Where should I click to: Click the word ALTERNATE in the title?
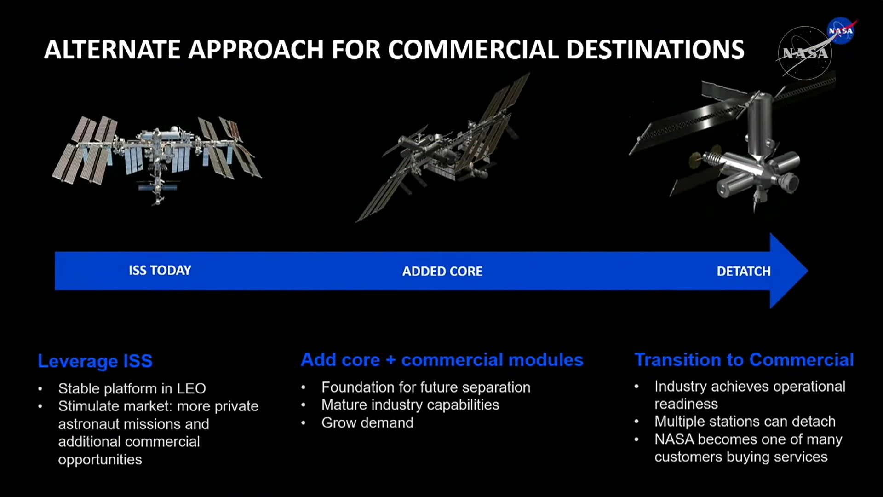click(x=112, y=50)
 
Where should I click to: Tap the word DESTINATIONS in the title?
click(x=655, y=50)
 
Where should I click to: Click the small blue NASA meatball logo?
click(x=841, y=30)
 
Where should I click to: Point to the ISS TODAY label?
click(x=160, y=270)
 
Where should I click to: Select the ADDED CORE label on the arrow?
click(x=442, y=272)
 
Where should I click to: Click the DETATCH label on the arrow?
click(x=744, y=272)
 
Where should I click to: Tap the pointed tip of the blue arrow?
click(x=807, y=271)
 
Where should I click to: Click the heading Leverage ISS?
click(x=95, y=361)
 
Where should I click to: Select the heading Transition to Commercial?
click(x=744, y=360)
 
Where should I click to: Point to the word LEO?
click(x=191, y=389)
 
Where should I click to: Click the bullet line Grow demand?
click(x=367, y=423)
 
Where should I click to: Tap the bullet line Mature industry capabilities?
click(x=410, y=405)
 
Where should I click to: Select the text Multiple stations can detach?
click(x=745, y=422)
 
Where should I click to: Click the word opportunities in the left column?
click(x=100, y=460)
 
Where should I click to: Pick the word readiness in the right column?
click(x=686, y=404)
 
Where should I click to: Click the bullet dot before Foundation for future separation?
click(x=303, y=387)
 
